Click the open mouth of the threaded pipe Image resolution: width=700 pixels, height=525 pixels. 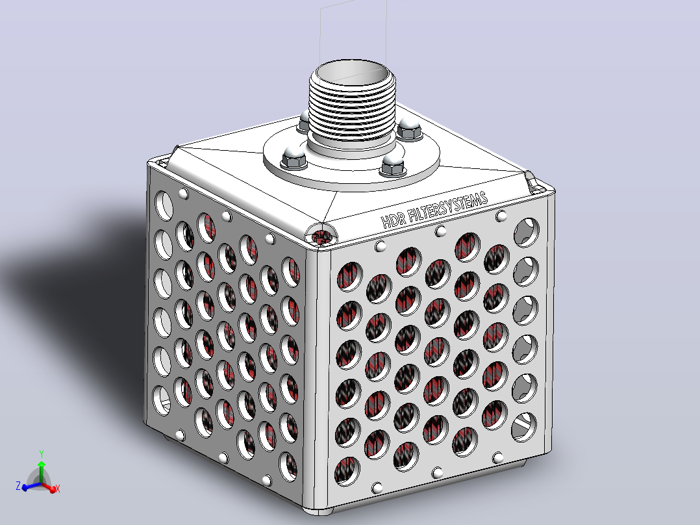click(x=352, y=73)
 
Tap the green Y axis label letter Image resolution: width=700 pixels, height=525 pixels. click(x=42, y=454)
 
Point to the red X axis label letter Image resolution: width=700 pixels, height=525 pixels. click(x=58, y=489)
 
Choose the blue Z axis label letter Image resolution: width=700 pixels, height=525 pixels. click(x=18, y=486)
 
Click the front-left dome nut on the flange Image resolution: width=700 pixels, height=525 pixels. click(x=294, y=157)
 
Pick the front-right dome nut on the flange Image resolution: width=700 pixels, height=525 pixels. click(x=392, y=164)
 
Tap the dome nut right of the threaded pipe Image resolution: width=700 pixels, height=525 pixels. click(x=409, y=129)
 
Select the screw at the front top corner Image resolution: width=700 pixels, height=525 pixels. click(x=321, y=236)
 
